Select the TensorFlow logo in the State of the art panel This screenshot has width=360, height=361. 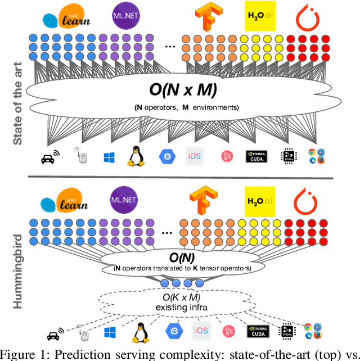point(204,15)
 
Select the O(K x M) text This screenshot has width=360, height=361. point(181,296)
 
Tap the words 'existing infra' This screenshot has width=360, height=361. point(181,306)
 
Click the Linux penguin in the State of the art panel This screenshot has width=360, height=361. point(134,155)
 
